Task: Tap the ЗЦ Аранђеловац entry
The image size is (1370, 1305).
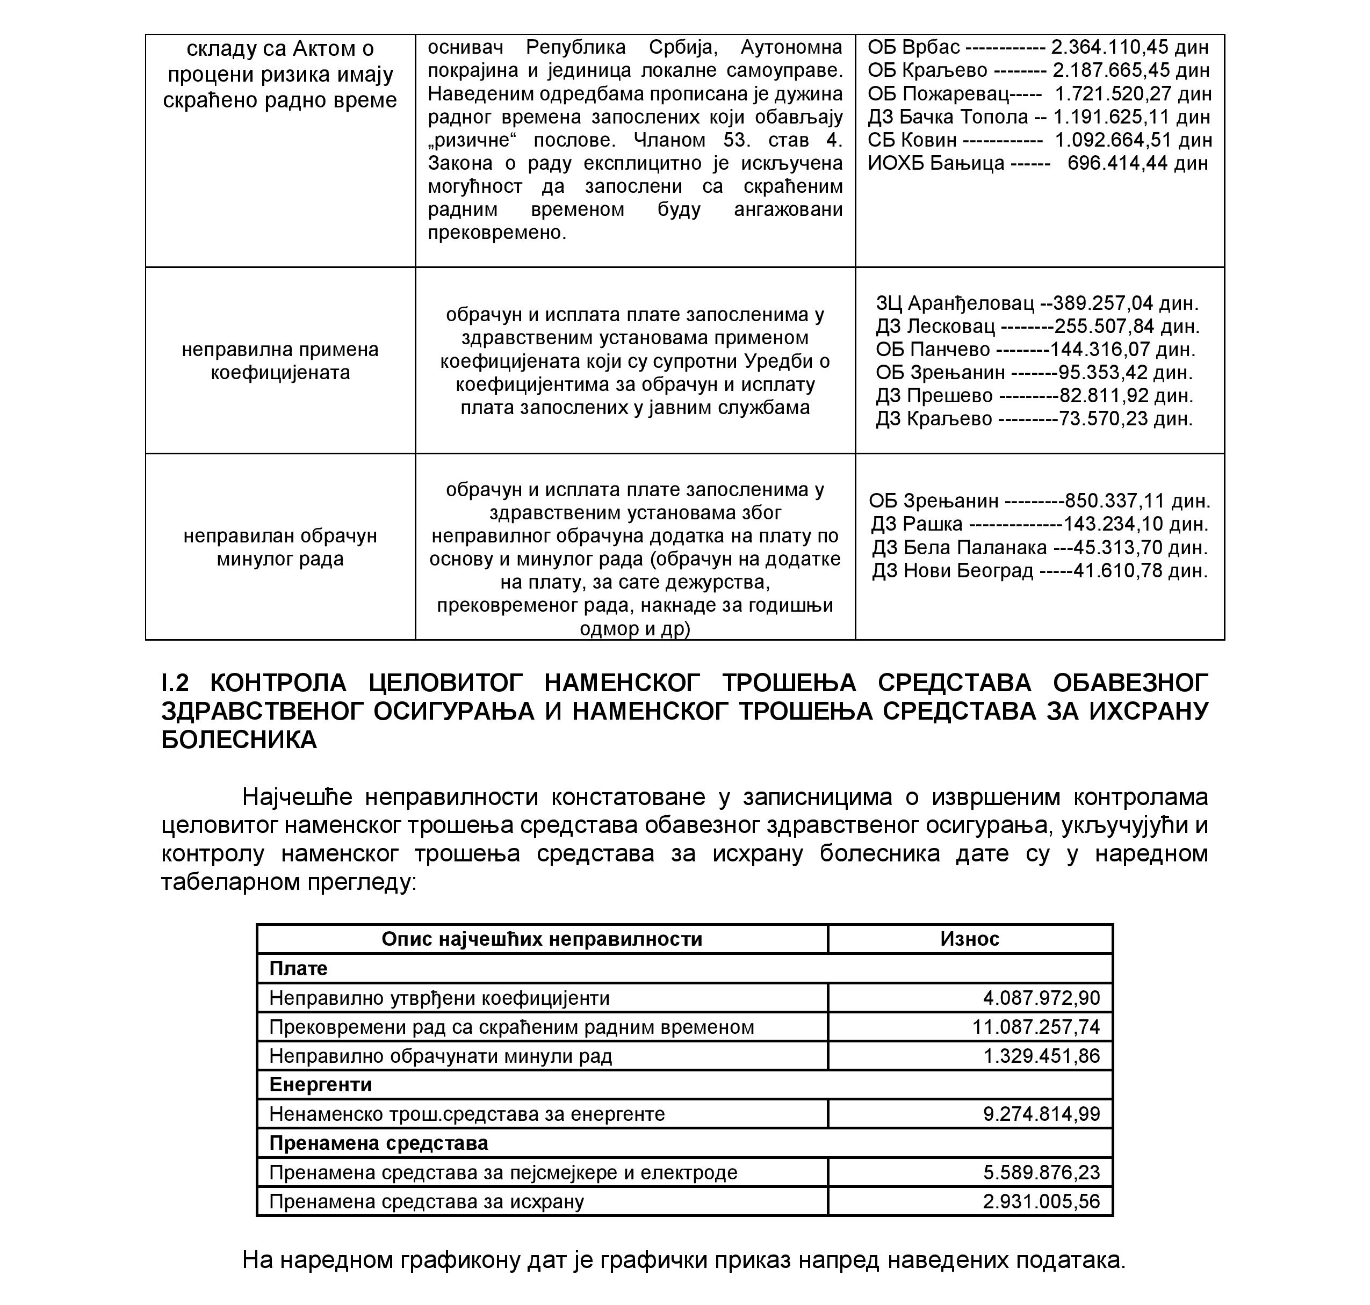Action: (x=955, y=303)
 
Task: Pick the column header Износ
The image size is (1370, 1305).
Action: (x=969, y=939)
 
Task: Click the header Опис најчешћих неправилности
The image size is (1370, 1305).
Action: (x=542, y=939)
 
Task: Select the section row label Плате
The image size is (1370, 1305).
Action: (x=298, y=968)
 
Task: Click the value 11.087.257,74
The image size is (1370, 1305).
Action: (x=1035, y=1027)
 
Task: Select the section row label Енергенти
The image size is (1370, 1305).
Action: (x=320, y=1084)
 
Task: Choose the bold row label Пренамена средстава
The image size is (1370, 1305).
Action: (x=379, y=1143)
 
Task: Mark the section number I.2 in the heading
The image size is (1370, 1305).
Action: (x=175, y=683)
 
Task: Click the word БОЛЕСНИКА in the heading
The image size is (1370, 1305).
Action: (x=239, y=740)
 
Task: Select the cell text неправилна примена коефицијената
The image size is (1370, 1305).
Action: (x=280, y=361)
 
